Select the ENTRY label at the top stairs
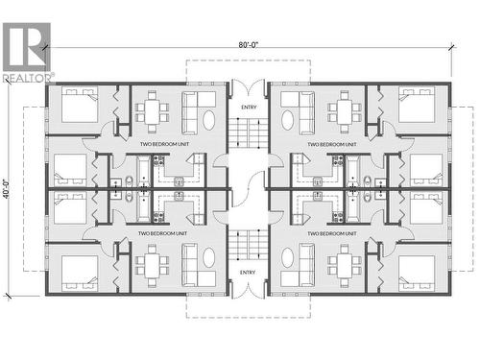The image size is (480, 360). pos(249,107)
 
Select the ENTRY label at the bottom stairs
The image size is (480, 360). pos(249,272)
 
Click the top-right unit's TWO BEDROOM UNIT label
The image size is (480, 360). pos(325,145)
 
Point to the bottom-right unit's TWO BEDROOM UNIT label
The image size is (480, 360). pos(325,232)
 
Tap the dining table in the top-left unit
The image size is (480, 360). pos(152,110)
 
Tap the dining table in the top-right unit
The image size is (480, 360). pos(344,110)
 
